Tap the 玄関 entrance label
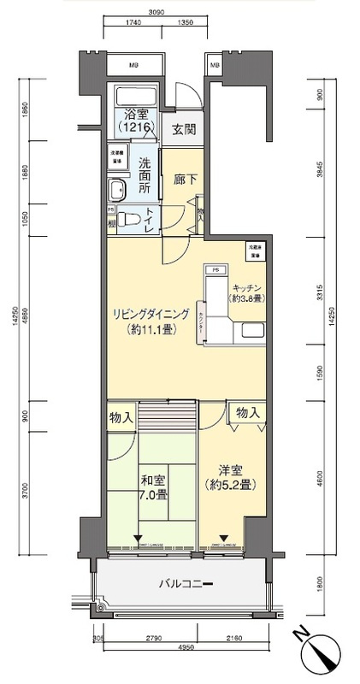click(x=182, y=130)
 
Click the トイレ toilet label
click(x=150, y=220)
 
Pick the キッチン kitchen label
click(x=245, y=291)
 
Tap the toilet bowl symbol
click(x=127, y=219)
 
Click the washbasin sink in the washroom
click(x=116, y=189)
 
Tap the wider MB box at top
click(x=134, y=65)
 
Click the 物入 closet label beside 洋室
click(x=246, y=413)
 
